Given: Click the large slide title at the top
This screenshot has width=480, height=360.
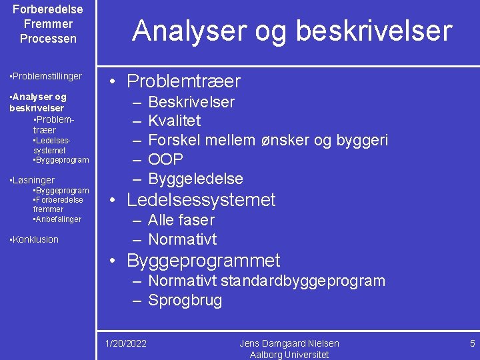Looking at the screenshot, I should [x=292, y=31].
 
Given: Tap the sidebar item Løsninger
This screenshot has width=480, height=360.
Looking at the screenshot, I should [x=33, y=180].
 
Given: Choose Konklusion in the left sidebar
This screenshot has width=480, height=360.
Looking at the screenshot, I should [x=35, y=239].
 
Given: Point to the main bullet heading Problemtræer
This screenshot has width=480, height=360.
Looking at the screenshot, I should [x=183, y=82].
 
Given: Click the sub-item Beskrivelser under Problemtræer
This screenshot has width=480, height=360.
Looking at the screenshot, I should [x=191, y=102].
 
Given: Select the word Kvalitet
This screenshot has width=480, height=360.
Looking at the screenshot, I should [x=174, y=121].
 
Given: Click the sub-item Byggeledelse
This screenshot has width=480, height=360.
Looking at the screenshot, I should [x=195, y=179].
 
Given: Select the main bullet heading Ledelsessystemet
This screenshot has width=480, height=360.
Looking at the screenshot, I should [x=201, y=200].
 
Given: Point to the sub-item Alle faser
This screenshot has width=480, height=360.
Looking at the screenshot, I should [x=181, y=220].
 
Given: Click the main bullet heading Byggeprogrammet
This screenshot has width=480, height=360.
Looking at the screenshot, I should [x=203, y=261].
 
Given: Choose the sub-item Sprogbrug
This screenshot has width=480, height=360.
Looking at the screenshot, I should [x=185, y=300].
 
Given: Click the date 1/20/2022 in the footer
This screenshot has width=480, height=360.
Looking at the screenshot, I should [x=127, y=343].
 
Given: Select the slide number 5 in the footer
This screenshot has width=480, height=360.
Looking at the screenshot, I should [x=472, y=343].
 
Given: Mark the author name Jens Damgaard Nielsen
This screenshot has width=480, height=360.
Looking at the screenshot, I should [x=289, y=343].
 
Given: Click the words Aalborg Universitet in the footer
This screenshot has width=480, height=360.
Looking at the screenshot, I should [x=289, y=355].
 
